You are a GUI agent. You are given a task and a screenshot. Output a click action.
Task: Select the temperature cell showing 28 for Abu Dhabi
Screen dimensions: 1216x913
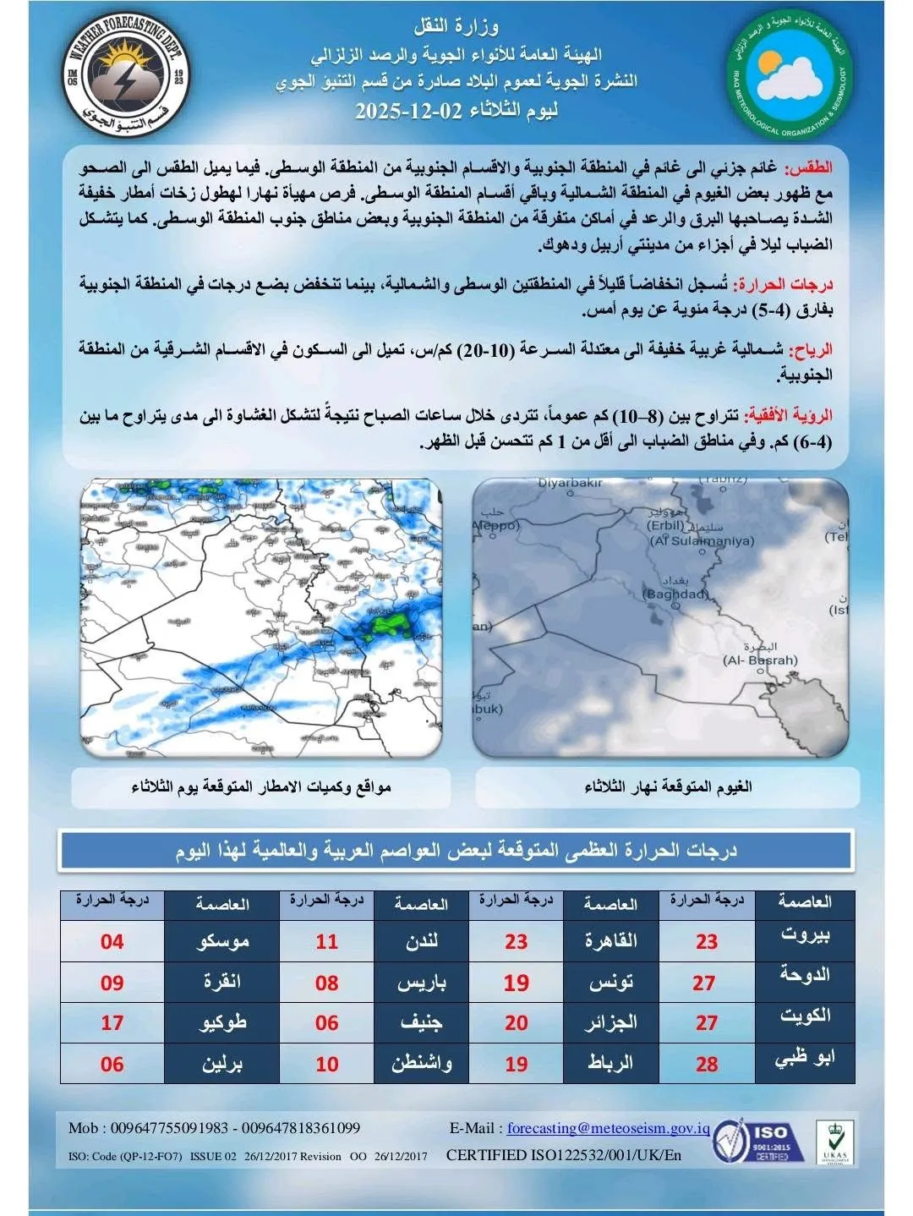pos(706,1064)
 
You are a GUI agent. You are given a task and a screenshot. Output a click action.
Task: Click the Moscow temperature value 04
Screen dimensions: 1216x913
pos(112,941)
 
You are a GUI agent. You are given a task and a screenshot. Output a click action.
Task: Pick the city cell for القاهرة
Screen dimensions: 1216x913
pos(610,941)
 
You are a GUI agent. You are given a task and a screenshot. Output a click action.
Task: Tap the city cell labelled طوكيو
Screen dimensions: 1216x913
pos(222,1023)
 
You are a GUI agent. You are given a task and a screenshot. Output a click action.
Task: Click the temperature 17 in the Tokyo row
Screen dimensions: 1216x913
pos(112,1023)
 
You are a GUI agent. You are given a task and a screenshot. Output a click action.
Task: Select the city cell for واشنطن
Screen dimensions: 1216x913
pos(421,1064)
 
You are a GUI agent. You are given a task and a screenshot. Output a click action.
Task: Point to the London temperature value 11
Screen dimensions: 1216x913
pos(326,941)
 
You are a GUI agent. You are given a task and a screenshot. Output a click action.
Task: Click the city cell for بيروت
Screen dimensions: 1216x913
pos(804,935)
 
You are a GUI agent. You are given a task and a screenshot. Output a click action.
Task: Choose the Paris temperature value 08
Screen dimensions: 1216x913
pos(326,983)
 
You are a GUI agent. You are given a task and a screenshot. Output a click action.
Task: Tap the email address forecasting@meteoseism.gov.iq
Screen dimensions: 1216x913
pos(608,1128)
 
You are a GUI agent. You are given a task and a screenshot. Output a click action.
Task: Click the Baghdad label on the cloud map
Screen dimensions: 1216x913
pos(675,594)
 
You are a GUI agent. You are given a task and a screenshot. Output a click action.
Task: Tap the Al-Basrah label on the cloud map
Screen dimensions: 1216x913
pos(759,660)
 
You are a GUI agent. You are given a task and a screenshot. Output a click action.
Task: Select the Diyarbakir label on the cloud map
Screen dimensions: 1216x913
pos(570,483)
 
